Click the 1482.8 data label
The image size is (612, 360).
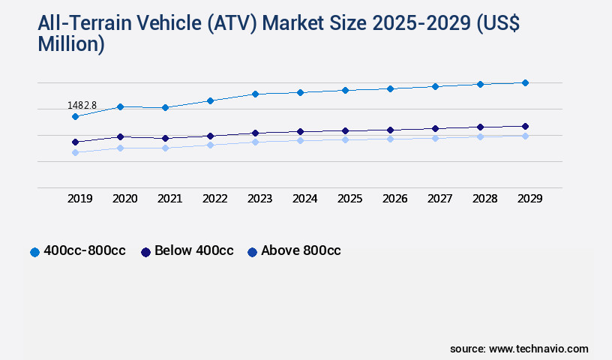[x=82, y=106]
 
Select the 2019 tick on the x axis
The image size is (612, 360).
[x=80, y=199]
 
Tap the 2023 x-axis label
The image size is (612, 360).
[x=260, y=199]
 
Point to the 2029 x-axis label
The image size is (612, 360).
[x=530, y=199]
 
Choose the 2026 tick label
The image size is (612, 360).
[x=395, y=199]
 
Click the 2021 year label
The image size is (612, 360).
[x=170, y=199]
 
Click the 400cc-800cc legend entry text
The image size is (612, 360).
[x=84, y=251]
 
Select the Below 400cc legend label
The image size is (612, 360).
[x=194, y=251]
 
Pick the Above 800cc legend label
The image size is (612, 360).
[x=301, y=251]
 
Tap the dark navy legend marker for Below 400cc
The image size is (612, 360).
[x=145, y=252]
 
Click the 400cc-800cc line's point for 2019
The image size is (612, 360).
[x=75, y=117]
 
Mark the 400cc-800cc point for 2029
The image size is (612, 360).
[x=525, y=82]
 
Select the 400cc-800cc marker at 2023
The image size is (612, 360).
[x=255, y=94]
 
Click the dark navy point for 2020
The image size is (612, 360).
[x=120, y=136]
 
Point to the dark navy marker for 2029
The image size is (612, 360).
[x=525, y=126]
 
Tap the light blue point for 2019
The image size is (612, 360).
[x=75, y=152]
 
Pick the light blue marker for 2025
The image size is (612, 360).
[x=345, y=139]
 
